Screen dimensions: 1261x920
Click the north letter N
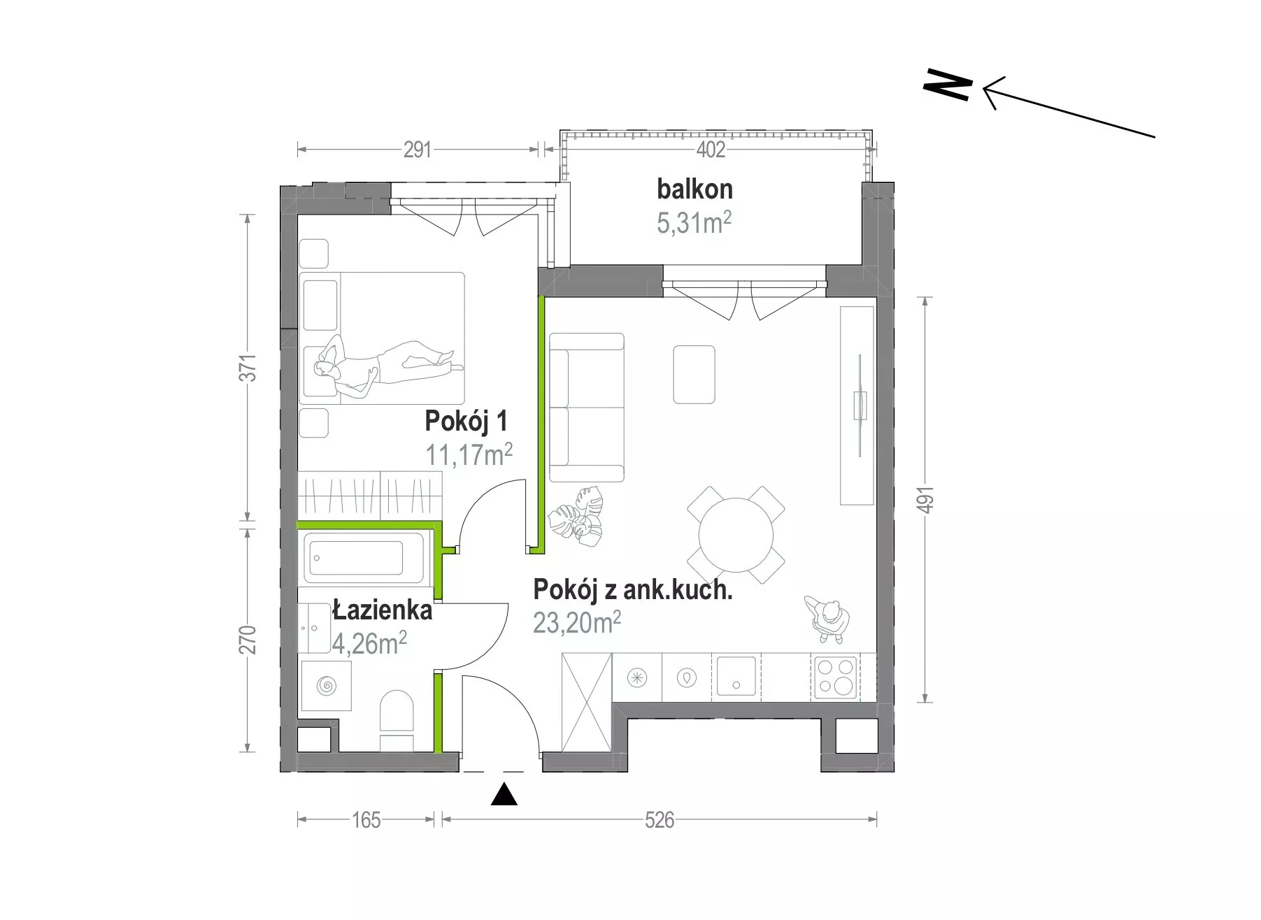948,85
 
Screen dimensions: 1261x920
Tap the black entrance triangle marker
504,795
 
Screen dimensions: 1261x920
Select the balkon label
694,189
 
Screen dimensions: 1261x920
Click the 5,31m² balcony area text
694,222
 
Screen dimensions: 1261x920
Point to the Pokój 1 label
466,422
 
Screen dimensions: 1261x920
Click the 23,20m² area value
577,621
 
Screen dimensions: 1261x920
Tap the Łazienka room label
382,610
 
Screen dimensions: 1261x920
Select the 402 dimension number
711,150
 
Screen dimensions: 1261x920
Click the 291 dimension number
418,150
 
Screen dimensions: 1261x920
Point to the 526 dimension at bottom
660,819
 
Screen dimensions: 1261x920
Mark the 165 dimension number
366,819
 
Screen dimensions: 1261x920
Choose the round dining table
736,536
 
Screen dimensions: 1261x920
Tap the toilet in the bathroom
397,721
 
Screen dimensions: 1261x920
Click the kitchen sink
735,677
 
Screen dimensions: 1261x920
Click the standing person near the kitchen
828,619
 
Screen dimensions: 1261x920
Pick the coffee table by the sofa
694,374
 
